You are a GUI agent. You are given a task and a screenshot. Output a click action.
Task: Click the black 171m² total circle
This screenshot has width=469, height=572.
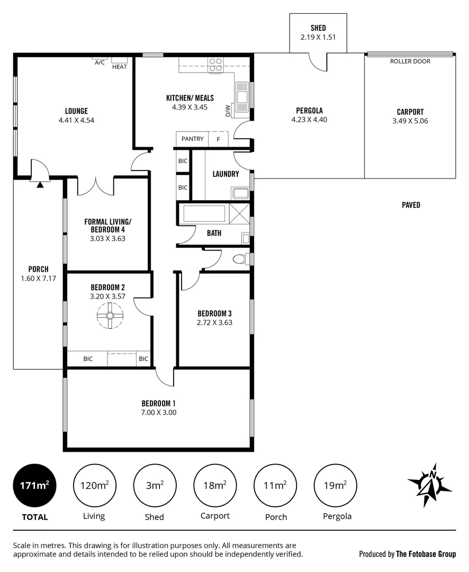click(34, 485)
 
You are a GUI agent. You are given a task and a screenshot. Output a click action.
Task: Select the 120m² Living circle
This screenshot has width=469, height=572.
click(95, 485)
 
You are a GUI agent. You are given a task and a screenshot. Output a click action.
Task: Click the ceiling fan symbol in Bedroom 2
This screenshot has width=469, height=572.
click(110, 316)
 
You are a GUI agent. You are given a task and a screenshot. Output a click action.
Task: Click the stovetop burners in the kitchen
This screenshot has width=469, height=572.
click(215, 65)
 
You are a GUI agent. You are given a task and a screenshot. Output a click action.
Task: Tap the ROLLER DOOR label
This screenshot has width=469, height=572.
click(410, 61)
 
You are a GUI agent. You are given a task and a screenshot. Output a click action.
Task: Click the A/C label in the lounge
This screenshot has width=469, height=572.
click(100, 62)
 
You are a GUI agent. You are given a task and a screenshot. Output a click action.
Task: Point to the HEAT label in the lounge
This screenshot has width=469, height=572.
click(119, 67)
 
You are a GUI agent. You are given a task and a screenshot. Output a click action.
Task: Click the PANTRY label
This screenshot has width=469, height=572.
click(192, 139)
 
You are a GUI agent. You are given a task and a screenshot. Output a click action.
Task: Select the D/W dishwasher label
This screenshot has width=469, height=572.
click(228, 111)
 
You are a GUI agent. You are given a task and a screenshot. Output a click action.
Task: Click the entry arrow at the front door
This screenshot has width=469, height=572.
click(40, 184)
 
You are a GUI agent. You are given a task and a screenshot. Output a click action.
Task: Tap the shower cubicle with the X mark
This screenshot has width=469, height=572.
click(238, 214)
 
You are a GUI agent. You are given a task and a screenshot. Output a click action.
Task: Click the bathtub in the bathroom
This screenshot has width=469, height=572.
click(204, 213)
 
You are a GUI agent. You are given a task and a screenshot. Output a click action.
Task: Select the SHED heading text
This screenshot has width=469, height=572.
click(318, 28)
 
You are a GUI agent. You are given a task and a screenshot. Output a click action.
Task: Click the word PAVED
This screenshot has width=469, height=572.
click(410, 205)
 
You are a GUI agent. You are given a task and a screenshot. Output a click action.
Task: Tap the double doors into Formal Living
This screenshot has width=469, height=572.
click(96, 185)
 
